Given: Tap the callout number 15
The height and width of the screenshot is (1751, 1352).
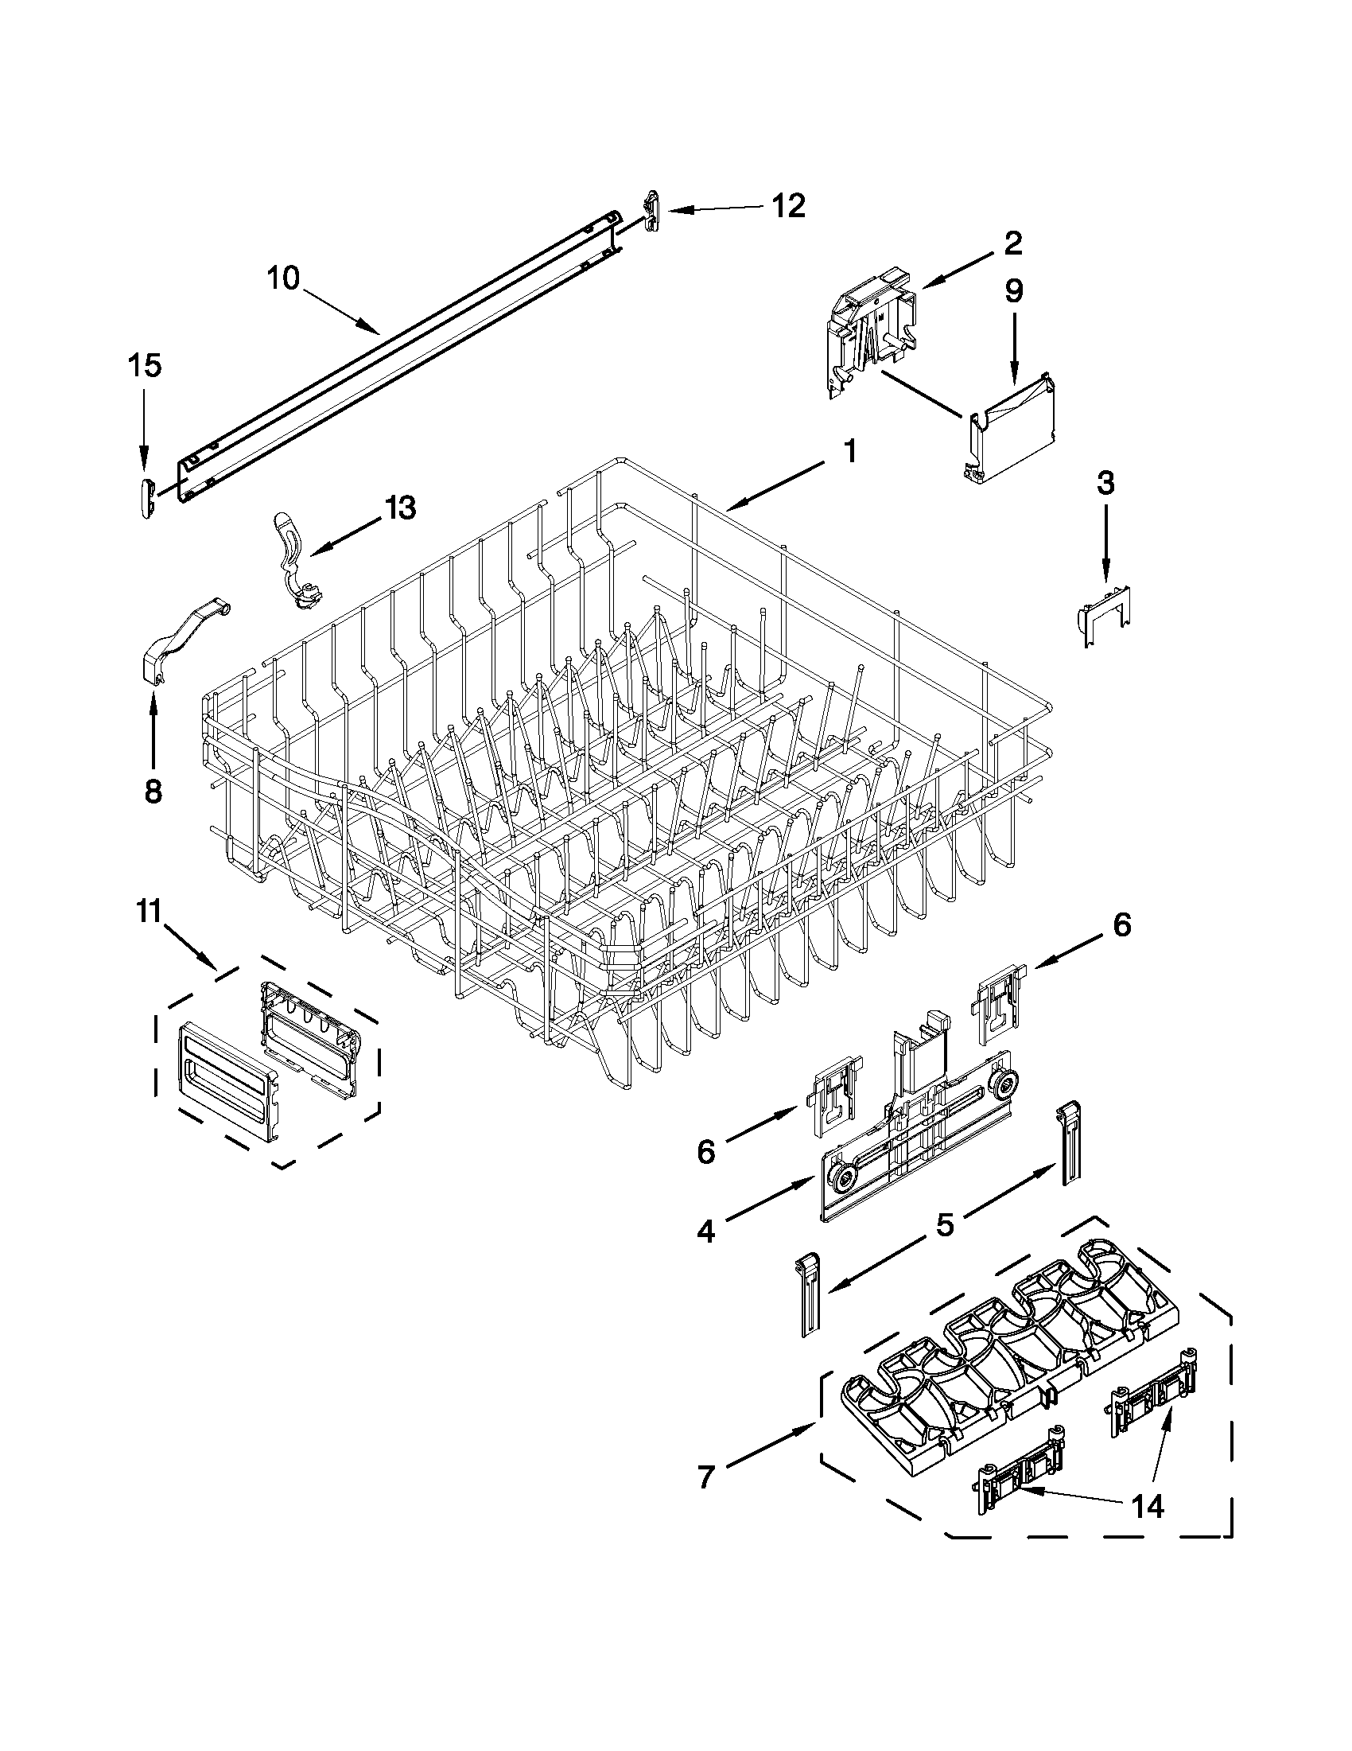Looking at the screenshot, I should coord(144,366).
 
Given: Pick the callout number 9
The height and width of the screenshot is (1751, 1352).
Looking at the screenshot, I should coord(1013,290).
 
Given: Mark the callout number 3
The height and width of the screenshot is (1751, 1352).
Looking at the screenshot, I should coord(1105,483).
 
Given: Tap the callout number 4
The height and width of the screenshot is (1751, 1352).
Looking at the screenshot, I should coord(705,1231).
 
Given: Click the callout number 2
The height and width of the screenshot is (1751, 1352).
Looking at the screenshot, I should coord(1012,243).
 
